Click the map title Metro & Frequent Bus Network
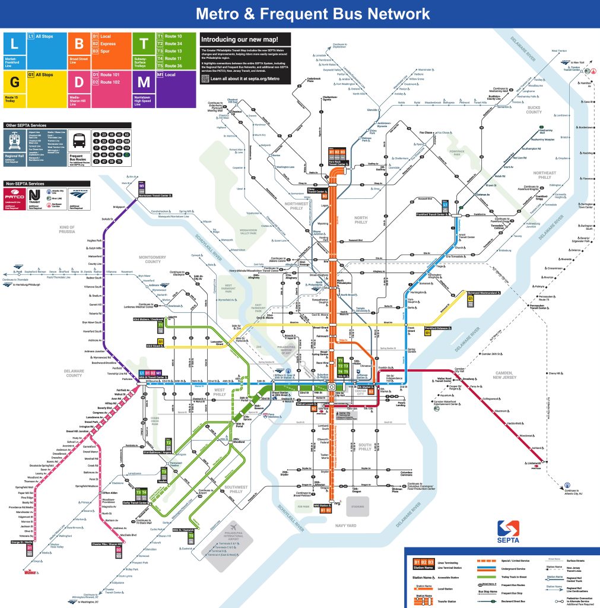(313, 13)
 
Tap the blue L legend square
(15, 43)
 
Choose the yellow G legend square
(15, 82)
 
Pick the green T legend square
(144, 43)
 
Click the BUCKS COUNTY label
(533, 109)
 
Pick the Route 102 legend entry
(110, 83)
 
